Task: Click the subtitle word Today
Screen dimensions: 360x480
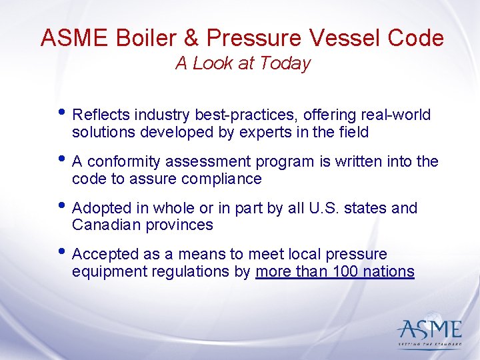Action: tap(287, 63)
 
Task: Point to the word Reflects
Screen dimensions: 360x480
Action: tap(101, 115)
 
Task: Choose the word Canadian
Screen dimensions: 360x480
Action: tap(103, 225)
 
